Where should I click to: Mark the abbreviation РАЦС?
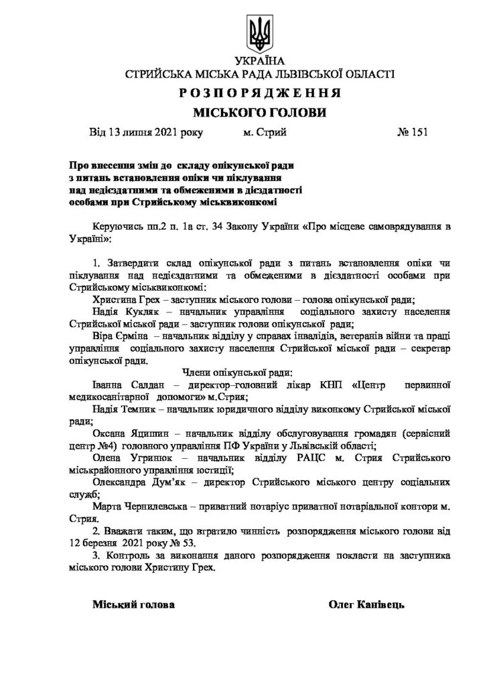[x=303, y=458]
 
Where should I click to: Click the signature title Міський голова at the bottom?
[x=133, y=604]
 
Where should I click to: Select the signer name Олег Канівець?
[x=367, y=604]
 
